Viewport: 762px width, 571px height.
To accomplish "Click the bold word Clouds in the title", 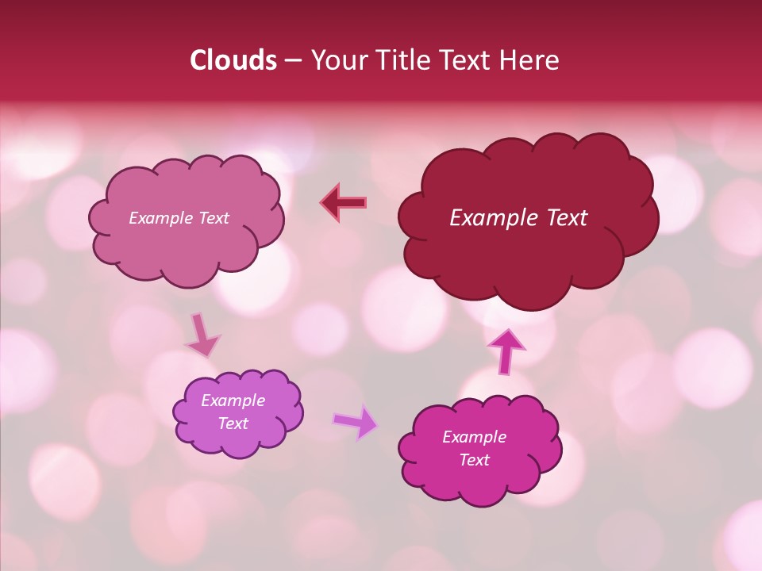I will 233,60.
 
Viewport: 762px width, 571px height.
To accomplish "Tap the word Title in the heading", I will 402,60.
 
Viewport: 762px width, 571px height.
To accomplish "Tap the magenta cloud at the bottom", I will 480,484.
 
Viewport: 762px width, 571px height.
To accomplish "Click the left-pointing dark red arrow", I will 344,202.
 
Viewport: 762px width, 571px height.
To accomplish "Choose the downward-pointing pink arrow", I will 202,336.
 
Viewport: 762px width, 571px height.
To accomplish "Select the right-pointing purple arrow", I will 355,421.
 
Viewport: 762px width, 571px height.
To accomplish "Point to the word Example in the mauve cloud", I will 162,218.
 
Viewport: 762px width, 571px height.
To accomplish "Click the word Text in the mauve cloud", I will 214,218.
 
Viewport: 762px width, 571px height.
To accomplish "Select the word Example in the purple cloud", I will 233,400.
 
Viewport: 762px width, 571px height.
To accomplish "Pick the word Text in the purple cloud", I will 233,423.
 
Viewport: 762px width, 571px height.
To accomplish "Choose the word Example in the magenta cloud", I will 474,437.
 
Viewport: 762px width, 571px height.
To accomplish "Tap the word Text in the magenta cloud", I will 474,460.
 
